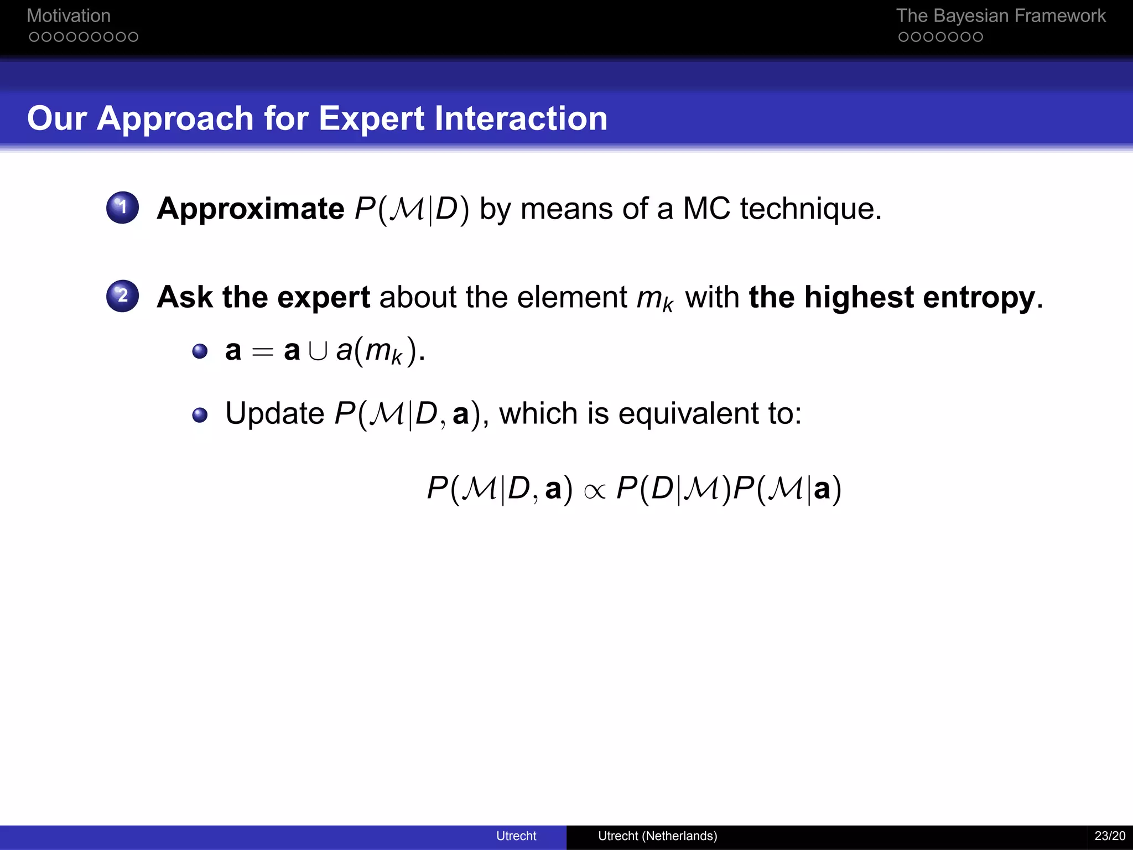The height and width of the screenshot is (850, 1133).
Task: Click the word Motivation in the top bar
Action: pos(69,15)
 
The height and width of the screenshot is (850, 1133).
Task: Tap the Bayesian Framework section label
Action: pos(1000,15)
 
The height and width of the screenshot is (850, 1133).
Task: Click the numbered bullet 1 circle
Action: pos(122,208)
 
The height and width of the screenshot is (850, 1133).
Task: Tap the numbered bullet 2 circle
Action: pos(122,296)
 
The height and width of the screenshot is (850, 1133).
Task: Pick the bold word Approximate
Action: pos(251,209)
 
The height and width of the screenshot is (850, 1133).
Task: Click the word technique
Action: pos(810,209)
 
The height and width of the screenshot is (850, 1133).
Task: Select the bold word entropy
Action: pos(979,298)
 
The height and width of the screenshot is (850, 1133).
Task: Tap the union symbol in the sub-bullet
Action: pos(318,351)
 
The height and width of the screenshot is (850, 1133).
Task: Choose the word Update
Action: pos(275,413)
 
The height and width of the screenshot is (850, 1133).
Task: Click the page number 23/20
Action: pos(1110,836)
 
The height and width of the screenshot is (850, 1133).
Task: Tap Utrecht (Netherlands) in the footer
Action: pos(657,836)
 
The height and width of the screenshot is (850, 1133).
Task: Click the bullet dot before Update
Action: pos(200,415)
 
